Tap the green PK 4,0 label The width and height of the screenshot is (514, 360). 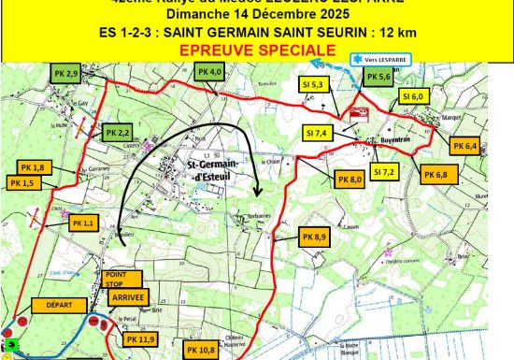pyautogui.click(x=210, y=72)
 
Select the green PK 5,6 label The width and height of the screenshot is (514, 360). pyautogui.click(x=378, y=78)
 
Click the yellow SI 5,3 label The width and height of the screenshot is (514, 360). pyautogui.click(x=314, y=84)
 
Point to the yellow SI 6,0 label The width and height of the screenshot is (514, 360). pyautogui.click(x=412, y=96)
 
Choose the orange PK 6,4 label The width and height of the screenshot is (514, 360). pyautogui.click(x=464, y=147)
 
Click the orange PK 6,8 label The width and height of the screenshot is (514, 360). pyautogui.click(x=435, y=175)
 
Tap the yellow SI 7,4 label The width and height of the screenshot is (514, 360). pyautogui.click(x=317, y=134)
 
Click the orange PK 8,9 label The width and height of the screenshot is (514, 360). pyautogui.click(x=313, y=238)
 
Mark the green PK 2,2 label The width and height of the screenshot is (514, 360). pyautogui.click(x=118, y=133)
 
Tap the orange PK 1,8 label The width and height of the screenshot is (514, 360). pyautogui.click(x=32, y=167)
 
